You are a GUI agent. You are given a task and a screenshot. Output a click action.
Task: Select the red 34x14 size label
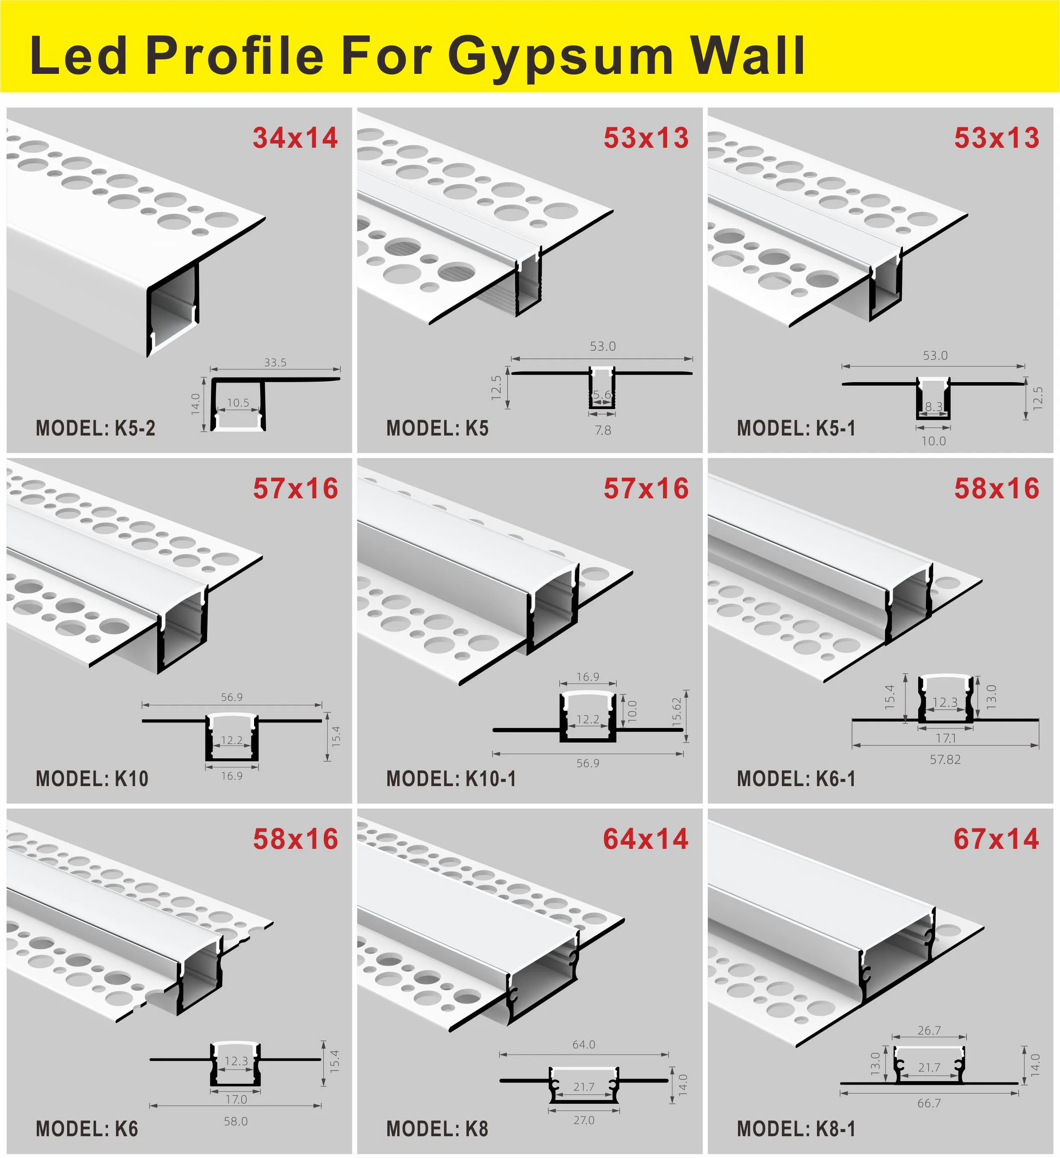click(295, 138)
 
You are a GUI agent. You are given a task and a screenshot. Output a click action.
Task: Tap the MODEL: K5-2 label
click(95, 429)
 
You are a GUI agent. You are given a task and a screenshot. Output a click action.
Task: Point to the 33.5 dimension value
click(275, 363)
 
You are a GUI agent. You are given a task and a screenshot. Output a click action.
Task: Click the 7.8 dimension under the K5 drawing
click(603, 430)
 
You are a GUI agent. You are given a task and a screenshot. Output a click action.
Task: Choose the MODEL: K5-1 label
click(796, 429)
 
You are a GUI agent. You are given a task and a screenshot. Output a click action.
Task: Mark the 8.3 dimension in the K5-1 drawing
click(933, 406)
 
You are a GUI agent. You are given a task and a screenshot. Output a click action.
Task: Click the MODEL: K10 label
click(92, 779)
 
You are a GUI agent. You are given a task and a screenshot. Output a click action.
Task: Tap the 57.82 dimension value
click(945, 759)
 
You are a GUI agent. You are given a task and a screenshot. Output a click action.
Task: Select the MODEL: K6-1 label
click(796, 779)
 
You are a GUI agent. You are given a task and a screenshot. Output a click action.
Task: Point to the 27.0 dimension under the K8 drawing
click(584, 1120)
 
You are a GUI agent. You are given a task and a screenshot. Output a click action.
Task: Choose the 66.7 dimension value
click(929, 1103)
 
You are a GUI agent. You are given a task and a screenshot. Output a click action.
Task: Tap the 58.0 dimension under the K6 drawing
click(236, 1121)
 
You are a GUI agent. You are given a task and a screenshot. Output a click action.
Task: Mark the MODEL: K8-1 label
click(796, 1129)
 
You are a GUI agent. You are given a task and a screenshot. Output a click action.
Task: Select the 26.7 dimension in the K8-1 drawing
click(929, 1030)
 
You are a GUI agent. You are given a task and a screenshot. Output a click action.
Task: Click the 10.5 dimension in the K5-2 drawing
click(238, 403)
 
